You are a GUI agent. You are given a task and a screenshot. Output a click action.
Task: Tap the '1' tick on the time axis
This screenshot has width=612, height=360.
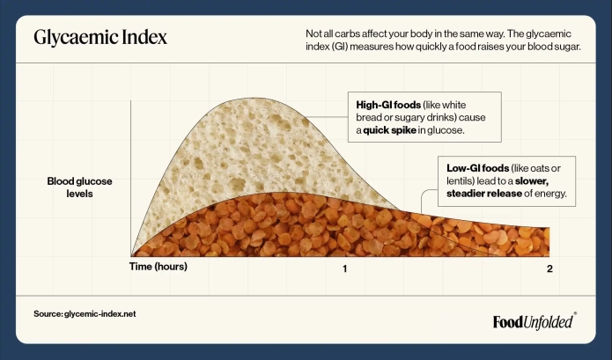(345, 268)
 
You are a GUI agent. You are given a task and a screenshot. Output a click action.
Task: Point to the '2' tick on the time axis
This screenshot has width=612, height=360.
(549, 268)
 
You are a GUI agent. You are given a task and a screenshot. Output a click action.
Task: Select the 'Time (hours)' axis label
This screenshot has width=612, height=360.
(159, 265)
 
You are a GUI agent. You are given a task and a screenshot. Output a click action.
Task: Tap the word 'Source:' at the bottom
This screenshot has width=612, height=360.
(48, 314)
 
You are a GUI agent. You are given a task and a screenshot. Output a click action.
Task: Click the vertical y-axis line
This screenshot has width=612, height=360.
(131, 176)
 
